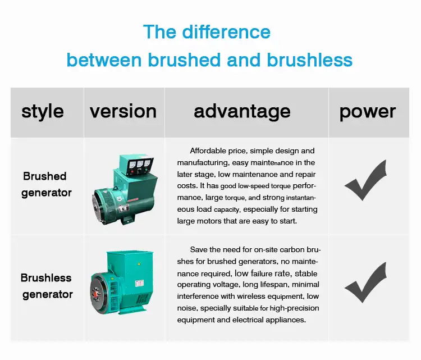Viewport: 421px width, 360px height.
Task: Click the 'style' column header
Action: pos(42,112)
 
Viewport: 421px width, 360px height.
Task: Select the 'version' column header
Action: pos(123,112)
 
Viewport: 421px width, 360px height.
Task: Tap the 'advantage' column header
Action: pos(242,112)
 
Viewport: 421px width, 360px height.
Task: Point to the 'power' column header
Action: pos(367,112)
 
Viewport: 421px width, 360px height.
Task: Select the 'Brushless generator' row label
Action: pos(47,286)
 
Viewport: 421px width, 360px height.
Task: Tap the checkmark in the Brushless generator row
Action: pos(365,282)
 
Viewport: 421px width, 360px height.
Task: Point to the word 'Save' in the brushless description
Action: pos(199,249)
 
